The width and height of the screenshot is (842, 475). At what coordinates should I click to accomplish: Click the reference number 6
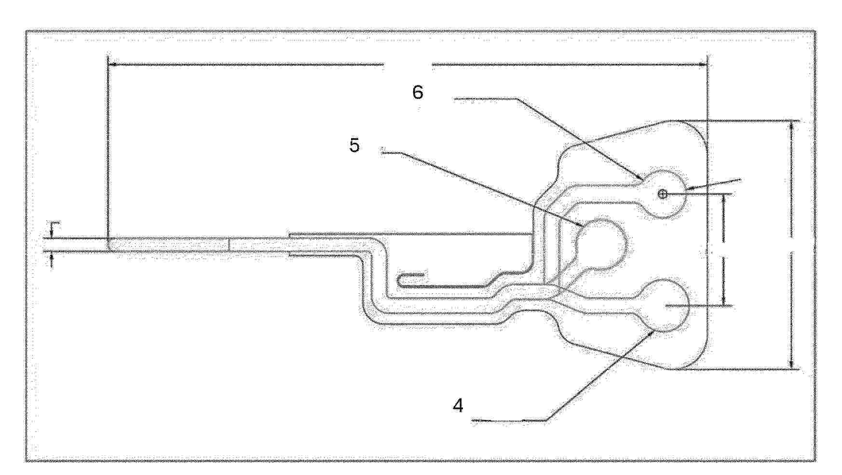(418, 92)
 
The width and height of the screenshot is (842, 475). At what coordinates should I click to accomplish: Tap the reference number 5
(355, 145)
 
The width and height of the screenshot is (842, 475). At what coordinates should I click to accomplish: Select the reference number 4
(458, 406)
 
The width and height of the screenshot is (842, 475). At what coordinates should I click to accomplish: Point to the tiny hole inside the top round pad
(663, 194)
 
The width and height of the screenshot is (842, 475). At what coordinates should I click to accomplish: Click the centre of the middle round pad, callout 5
(601, 244)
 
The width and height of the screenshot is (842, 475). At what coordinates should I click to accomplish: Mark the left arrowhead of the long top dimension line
(114, 63)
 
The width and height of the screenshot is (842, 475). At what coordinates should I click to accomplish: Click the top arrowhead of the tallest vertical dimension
(791, 126)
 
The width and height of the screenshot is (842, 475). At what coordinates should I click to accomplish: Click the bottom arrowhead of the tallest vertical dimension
(791, 363)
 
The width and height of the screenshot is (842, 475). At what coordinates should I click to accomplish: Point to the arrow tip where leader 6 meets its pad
(642, 180)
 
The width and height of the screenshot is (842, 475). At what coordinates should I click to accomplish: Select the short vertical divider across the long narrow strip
(229, 244)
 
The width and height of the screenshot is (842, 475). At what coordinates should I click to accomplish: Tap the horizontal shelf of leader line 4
(510, 421)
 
